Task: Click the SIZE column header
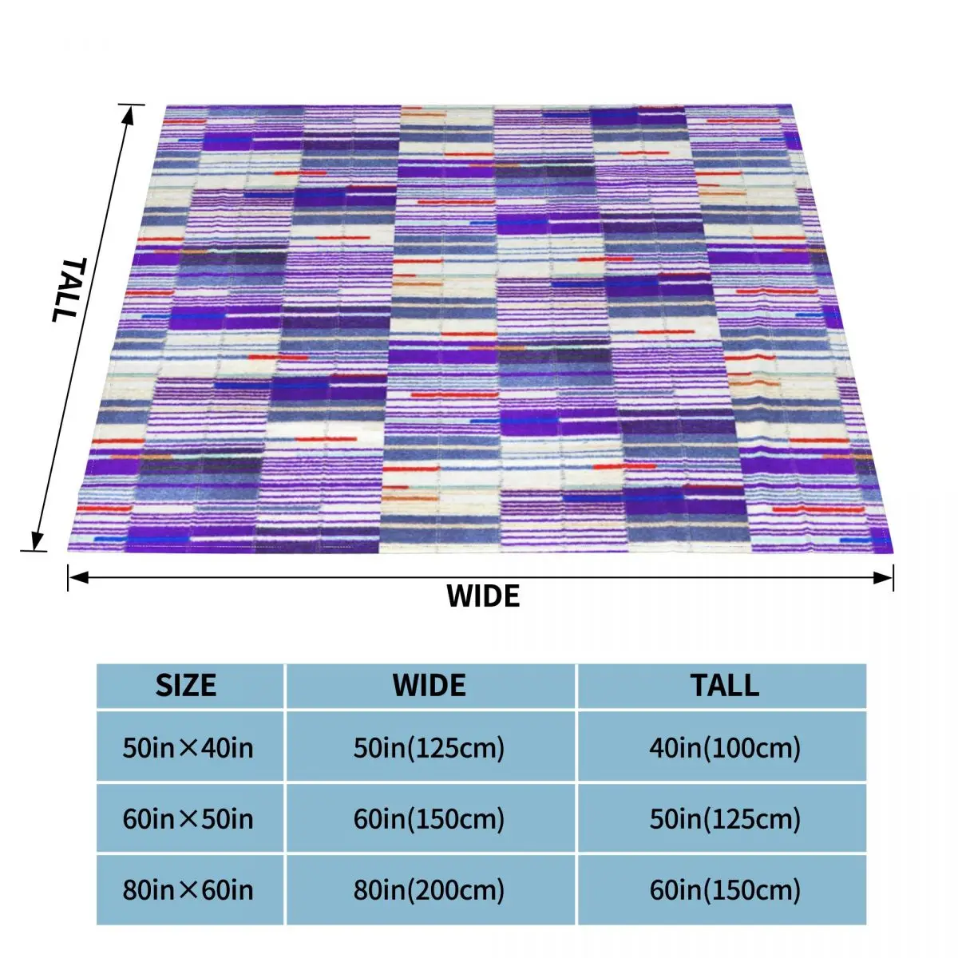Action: click(186, 686)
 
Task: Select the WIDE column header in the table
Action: click(430, 686)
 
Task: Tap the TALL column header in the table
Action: click(725, 686)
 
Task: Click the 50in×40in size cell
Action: click(188, 748)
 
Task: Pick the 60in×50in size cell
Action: click(188, 819)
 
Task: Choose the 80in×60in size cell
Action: click(188, 890)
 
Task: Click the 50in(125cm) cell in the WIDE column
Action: click(430, 748)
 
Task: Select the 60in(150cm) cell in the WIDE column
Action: click(430, 819)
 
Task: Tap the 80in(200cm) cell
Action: click(430, 890)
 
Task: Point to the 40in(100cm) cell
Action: click(725, 748)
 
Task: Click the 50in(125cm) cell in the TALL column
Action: click(725, 819)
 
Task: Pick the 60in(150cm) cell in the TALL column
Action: click(725, 890)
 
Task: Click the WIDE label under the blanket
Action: click(483, 596)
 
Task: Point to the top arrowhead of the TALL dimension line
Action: click(128, 110)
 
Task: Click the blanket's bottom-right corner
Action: click(893, 551)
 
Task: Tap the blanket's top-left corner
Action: click(167, 106)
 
